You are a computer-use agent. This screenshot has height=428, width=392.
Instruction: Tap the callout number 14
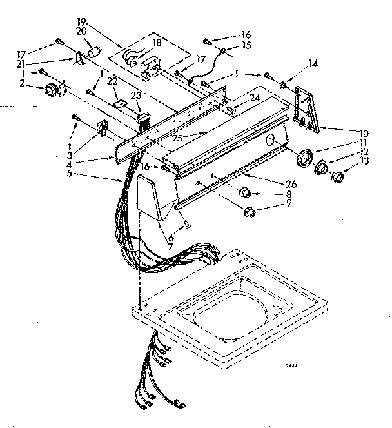313,63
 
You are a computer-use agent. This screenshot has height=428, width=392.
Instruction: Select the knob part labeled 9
249,210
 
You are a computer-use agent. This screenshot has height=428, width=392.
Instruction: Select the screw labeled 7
186,223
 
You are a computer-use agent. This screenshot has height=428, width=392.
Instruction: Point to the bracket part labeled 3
101,128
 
